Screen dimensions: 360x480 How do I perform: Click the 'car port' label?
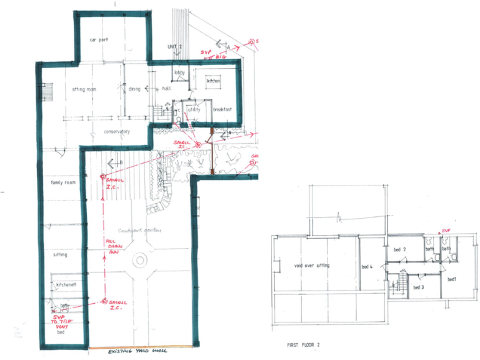tap(99, 39)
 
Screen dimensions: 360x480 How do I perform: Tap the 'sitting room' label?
tap(83, 89)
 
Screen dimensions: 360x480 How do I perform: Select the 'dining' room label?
tap(134, 89)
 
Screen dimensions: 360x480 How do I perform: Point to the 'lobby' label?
tap(179, 73)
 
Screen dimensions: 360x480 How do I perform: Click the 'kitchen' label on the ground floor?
tap(214, 81)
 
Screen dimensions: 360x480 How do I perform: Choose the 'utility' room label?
tap(194, 110)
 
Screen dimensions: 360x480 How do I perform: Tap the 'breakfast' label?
tap(222, 110)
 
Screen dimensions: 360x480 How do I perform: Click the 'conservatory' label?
tap(116, 132)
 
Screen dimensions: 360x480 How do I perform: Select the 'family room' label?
tap(63, 182)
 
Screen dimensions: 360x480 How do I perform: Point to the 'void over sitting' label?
tap(311, 266)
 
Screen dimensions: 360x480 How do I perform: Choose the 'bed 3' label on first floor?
tap(419, 287)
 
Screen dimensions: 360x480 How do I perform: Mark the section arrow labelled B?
tap(115, 164)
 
